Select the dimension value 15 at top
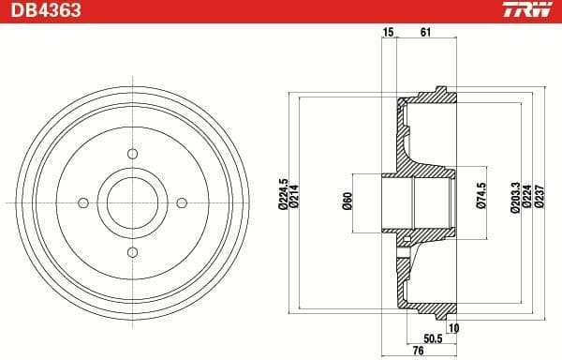(388, 33)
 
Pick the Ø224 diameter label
(527, 199)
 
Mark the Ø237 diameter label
(539, 199)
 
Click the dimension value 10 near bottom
(453, 328)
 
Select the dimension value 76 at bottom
(418, 351)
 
